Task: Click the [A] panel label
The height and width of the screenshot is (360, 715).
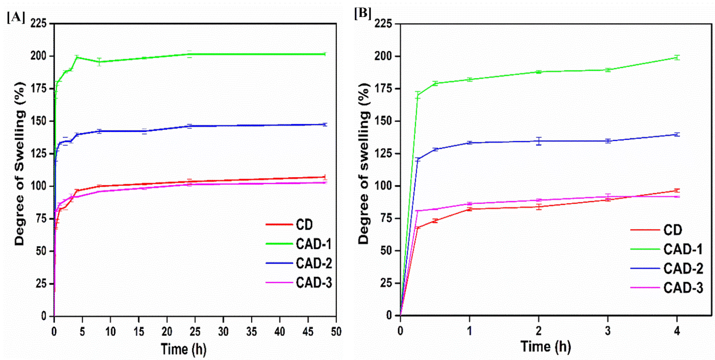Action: [x=16, y=17]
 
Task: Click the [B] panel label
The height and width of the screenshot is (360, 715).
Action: [x=363, y=13]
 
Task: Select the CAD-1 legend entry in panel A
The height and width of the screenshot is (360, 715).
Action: [x=313, y=244]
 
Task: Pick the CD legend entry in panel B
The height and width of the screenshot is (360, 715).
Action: [x=673, y=230]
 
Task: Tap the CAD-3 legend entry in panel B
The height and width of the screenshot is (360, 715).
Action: [x=683, y=288]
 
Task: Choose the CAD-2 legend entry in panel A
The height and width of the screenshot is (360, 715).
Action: [x=313, y=263]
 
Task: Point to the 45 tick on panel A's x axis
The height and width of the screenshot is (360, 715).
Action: [x=308, y=331]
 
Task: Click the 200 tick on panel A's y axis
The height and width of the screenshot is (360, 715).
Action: [x=38, y=56]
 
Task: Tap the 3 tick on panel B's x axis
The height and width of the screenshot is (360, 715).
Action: [x=608, y=331]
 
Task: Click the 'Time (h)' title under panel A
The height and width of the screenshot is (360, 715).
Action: [x=183, y=349]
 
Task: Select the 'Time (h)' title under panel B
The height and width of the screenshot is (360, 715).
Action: [x=546, y=347]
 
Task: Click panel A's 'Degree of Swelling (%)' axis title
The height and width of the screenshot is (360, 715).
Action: [x=20, y=163]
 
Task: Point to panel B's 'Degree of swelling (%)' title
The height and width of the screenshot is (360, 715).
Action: [x=364, y=163]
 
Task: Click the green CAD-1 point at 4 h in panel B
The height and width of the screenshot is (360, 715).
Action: [x=677, y=57]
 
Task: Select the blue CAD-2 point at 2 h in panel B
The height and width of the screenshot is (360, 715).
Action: [x=539, y=141]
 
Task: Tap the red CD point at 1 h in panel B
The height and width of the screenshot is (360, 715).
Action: [x=470, y=209]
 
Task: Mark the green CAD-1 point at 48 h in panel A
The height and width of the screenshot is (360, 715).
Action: [x=325, y=54]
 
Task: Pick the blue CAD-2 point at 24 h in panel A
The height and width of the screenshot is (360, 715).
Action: [x=190, y=126]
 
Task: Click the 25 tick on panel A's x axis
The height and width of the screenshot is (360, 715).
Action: [x=195, y=331]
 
